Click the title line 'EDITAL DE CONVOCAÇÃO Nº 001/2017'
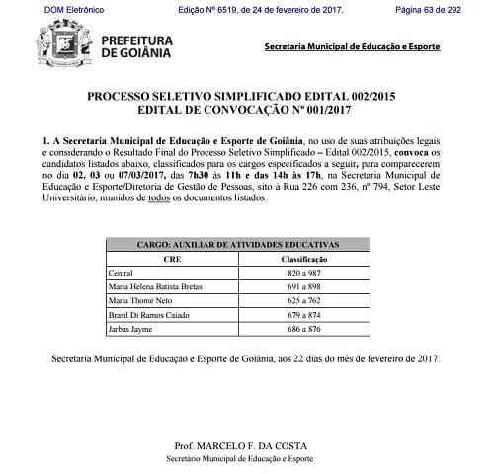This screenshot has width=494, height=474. pos(241,112)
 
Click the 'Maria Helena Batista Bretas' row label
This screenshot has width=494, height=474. pos(150,285)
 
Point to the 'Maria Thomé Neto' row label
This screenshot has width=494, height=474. pos(134,299)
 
